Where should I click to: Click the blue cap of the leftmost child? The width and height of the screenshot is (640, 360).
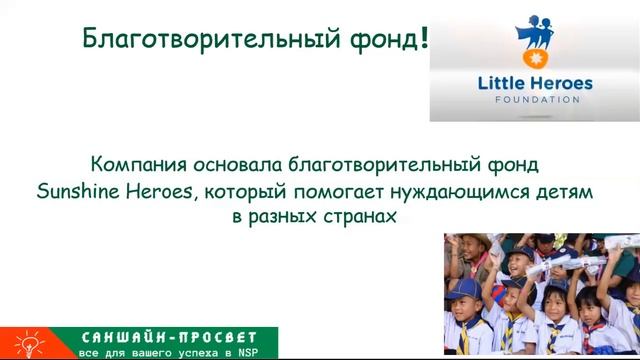tap(463, 289)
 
